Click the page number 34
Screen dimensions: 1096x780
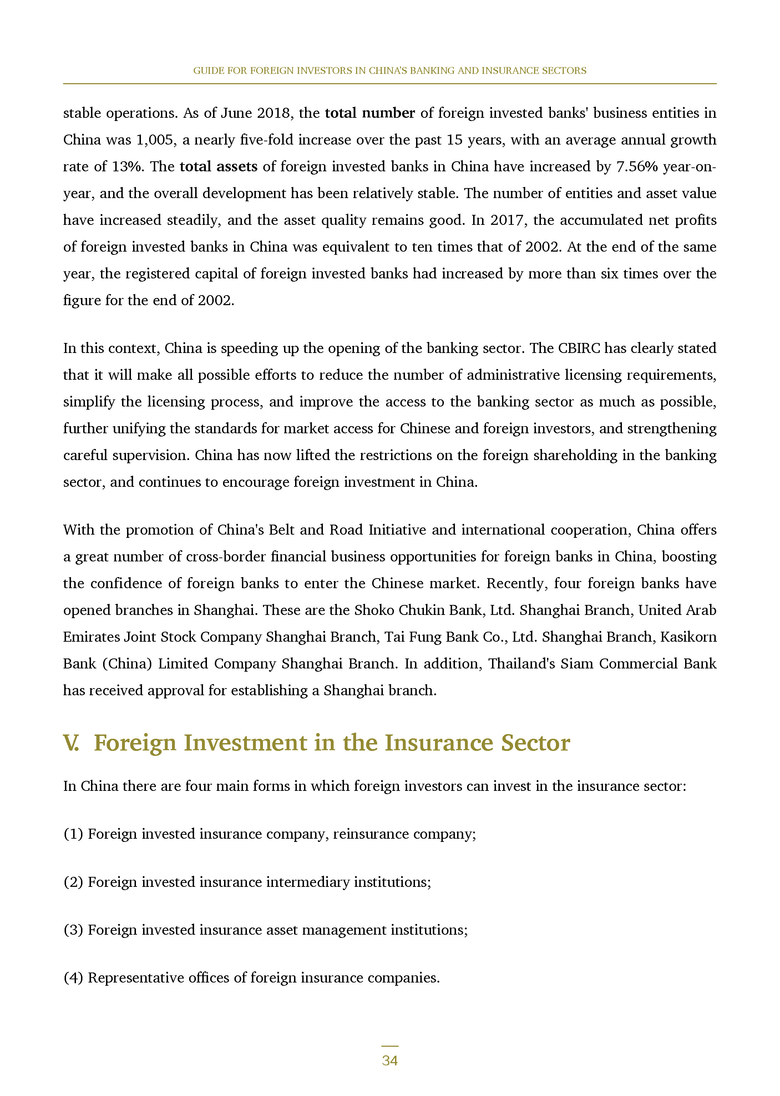click(390, 1060)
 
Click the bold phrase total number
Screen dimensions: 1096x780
click(370, 113)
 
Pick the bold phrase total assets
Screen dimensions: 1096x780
click(218, 167)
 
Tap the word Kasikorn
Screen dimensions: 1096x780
click(688, 637)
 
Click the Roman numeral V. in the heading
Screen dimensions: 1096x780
click(71, 743)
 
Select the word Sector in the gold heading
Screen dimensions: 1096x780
click(536, 743)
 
